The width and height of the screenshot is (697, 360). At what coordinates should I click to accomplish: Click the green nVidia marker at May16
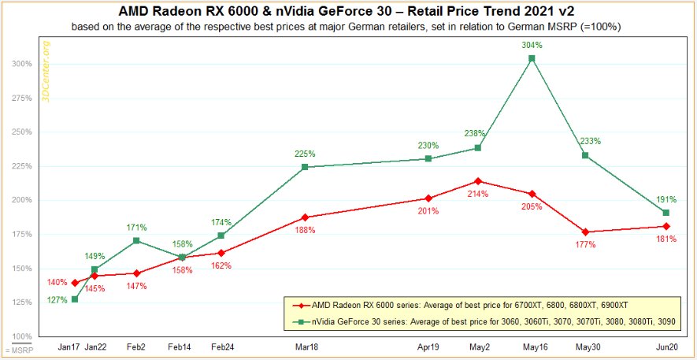(532, 58)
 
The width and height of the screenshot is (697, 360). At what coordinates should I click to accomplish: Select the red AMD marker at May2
(478, 181)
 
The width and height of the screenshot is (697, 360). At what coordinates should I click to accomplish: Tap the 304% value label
(532, 45)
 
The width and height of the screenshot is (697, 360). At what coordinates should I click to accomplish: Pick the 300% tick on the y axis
(24, 64)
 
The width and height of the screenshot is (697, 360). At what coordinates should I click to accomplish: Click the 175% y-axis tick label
(24, 235)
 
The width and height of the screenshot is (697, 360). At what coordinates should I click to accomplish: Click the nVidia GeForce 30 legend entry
(480, 321)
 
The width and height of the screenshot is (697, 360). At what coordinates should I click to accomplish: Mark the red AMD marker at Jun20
(666, 226)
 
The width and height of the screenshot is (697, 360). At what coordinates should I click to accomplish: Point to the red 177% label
(585, 245)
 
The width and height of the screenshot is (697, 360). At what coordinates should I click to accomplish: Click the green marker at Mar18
(305, 167)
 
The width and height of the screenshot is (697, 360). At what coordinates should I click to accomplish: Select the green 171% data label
(137, 227)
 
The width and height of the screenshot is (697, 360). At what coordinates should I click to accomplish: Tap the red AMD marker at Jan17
(75, 283)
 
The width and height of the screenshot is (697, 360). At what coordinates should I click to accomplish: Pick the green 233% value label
(590, 142)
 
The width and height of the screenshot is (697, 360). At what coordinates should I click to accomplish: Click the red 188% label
(306, 230)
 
